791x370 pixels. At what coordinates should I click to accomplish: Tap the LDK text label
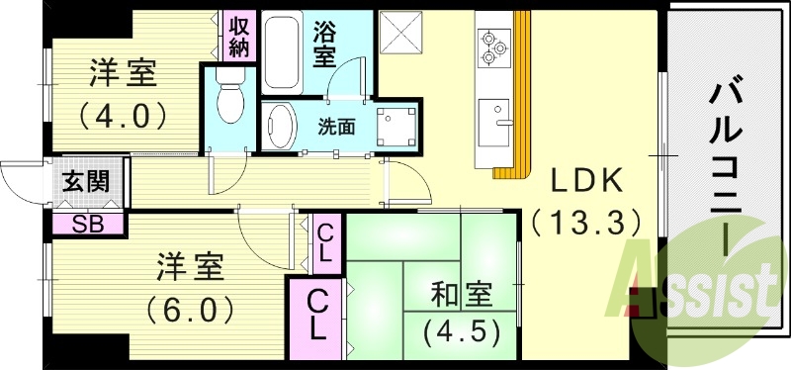click(585, 180)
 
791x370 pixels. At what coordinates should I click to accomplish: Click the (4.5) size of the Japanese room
click(461, 329)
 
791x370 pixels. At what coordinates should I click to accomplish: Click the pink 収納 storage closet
click(240, 35)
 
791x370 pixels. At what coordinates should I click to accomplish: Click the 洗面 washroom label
click(336, 127)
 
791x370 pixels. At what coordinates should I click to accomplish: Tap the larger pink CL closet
click(318, 315)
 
